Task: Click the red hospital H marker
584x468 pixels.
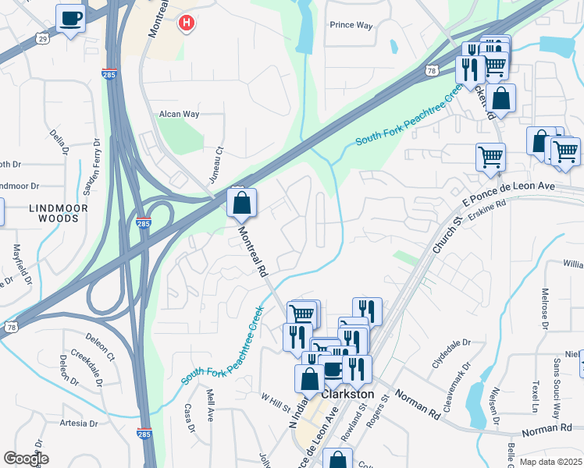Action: tap(186, 23)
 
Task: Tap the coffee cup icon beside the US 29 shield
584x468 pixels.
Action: tap(70, 18)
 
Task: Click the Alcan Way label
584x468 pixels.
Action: tap(180, 114)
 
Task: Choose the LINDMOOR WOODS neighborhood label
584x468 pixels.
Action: tap(54, 213)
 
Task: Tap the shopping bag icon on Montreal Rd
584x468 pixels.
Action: tap(242, 204)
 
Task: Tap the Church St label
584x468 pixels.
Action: tap(444, 234)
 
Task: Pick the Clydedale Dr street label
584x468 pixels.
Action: tap(452, 353)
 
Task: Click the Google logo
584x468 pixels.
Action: tap(26, 459)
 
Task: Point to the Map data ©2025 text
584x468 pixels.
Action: tap(550, 461)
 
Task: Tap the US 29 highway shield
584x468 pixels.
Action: tap(44, 38)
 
